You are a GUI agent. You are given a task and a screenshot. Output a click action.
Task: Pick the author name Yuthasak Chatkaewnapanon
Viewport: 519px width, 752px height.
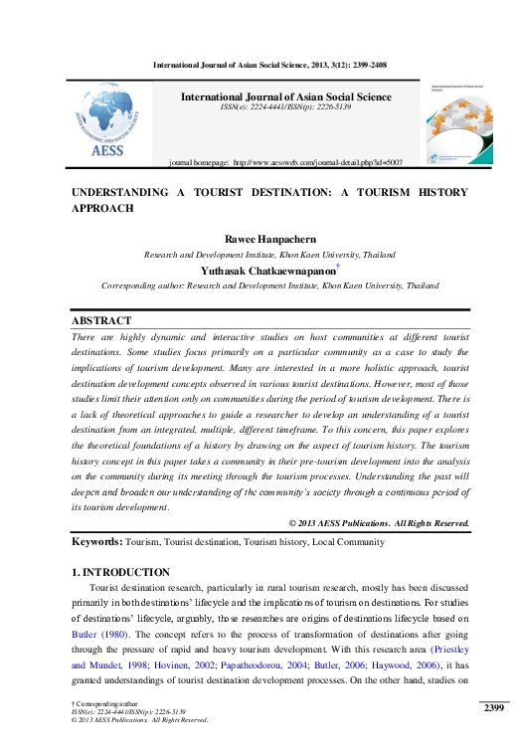click(265, 270)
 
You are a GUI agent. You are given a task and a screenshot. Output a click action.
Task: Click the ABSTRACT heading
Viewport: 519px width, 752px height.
click(101, 321)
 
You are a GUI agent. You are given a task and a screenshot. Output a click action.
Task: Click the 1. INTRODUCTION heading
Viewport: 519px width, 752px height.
click(120, 572)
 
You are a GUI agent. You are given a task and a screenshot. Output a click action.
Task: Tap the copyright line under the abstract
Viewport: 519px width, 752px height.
click(378, 522)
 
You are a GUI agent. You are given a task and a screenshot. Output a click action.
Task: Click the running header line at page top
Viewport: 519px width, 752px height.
click(269, 65)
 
